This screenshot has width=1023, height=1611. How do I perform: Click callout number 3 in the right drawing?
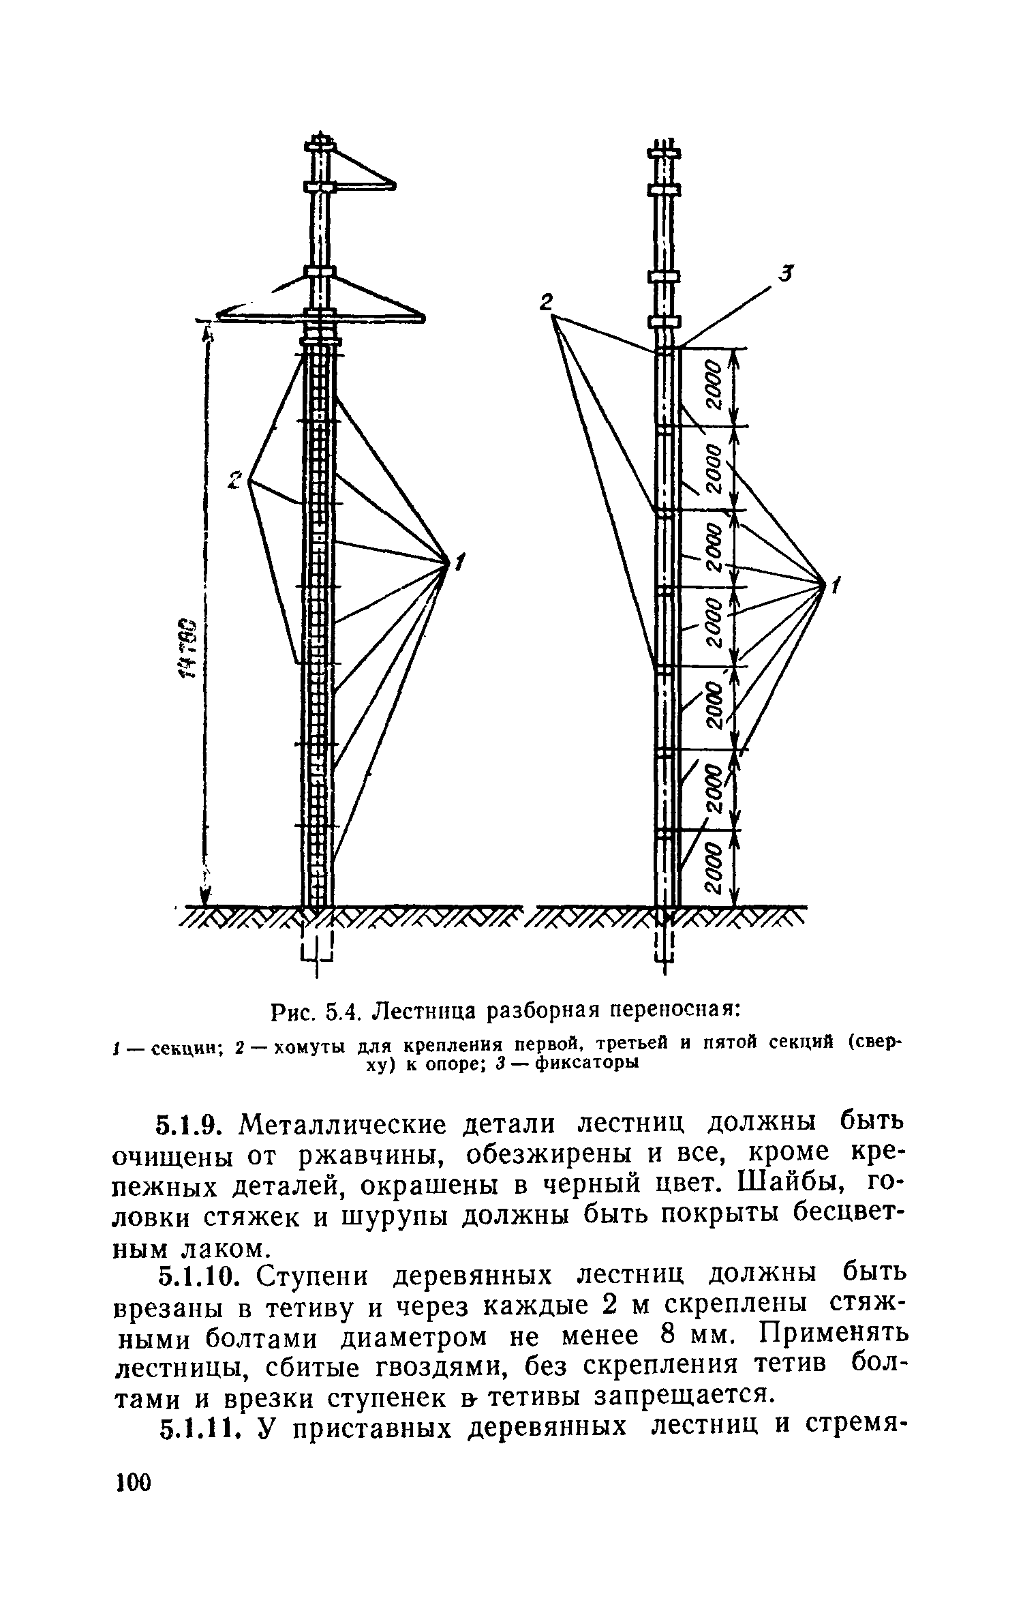click(787, 274)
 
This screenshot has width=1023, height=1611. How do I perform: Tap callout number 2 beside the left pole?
click(235, 480)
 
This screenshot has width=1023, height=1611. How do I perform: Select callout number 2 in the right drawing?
click(547, 302)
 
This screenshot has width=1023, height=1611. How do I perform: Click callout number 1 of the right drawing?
click(836, 584)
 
